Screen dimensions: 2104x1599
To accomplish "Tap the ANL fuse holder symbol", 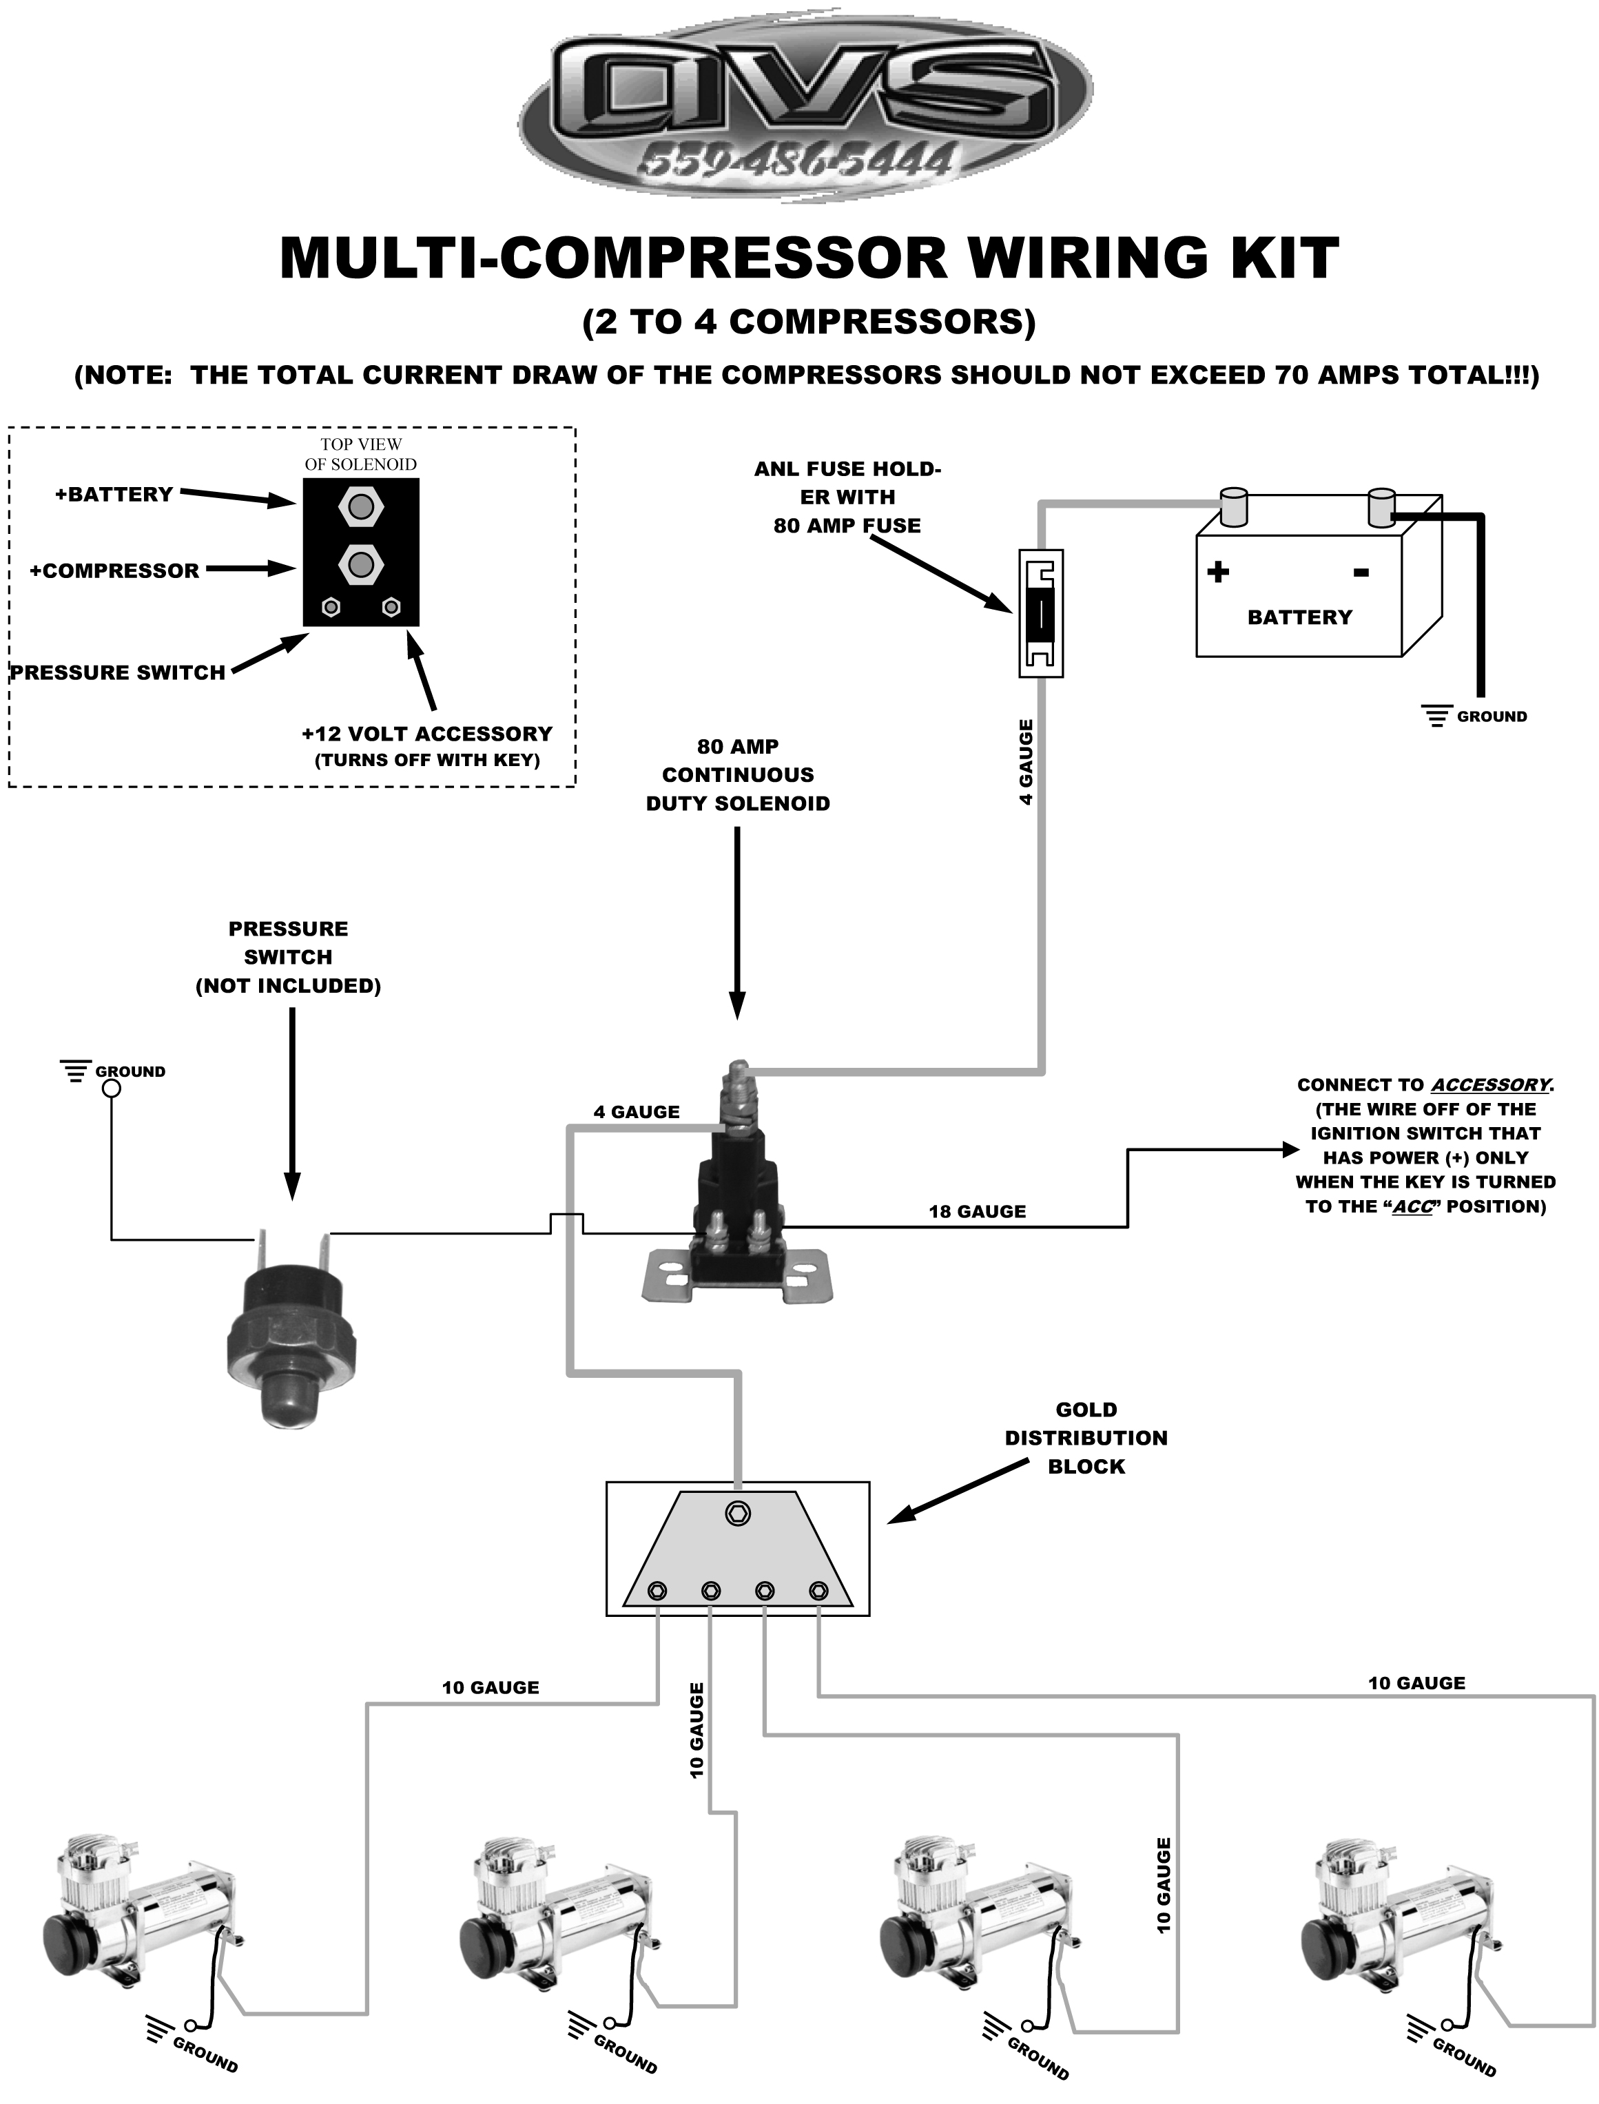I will (1041, 613).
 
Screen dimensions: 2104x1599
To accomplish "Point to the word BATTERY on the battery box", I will (1299, 617).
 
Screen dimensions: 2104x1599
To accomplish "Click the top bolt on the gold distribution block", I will (738, 1513).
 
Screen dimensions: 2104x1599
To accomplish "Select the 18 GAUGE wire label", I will (978, 1211).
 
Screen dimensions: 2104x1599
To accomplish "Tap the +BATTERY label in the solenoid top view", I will (114, 495).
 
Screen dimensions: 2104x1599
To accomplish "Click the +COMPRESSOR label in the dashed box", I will (114, 571).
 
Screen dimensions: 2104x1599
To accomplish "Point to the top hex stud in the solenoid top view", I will (361, 506).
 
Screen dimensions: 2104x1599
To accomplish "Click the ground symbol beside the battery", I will (1435, 716).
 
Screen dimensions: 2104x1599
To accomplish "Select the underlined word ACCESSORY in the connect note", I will (1489, 1085).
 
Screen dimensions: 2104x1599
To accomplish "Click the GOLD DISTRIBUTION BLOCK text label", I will (1086, 1438).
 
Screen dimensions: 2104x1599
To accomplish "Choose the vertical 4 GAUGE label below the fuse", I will (1025, 762).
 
